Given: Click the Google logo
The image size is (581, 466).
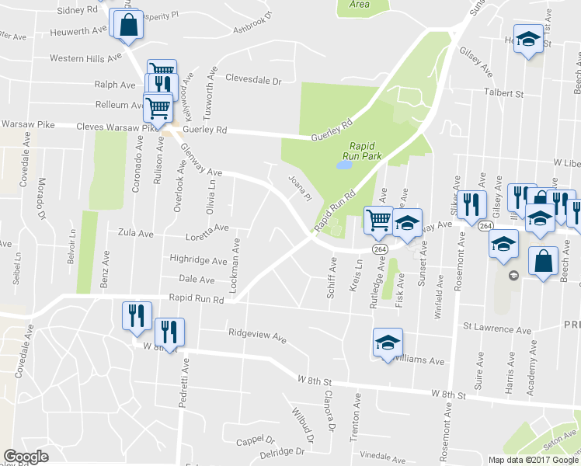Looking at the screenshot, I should (26, 457).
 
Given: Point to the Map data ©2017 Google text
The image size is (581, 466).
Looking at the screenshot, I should (532, 460).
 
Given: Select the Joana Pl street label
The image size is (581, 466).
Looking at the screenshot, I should (300, 187).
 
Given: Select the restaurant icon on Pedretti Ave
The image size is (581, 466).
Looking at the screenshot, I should (168, 332).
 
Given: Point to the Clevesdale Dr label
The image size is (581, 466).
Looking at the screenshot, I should (252, 79).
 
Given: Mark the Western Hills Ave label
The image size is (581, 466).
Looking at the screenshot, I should (85, 57).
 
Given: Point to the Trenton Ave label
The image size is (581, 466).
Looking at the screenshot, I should (355, 417).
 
